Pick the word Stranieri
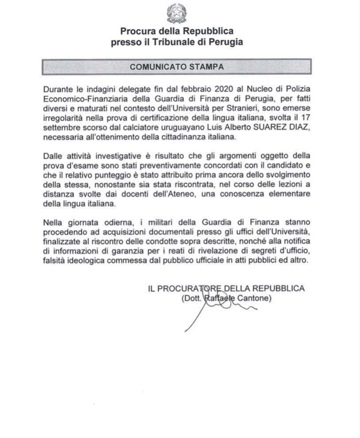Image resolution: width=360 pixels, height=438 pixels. (x=243, y=109)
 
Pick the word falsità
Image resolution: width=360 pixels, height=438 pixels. (x=55, y=261)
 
